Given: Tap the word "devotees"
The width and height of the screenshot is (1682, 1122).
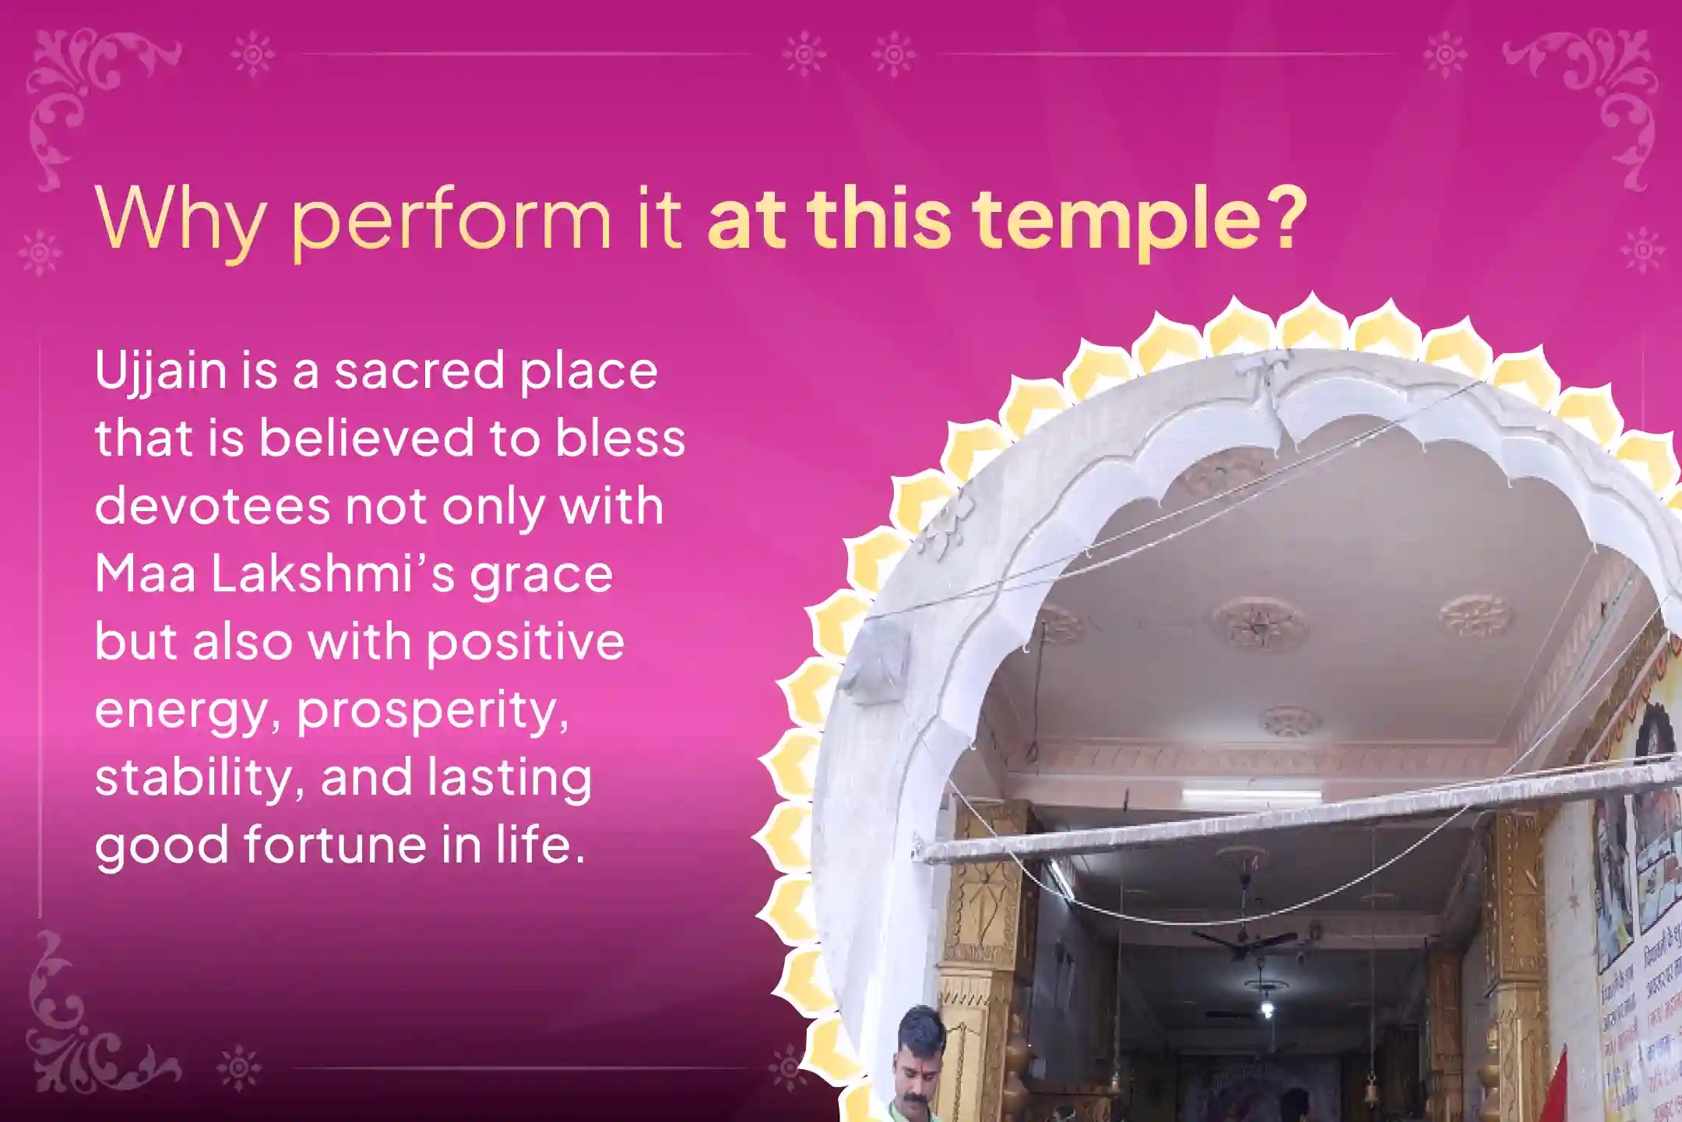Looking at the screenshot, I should tap(212, 506).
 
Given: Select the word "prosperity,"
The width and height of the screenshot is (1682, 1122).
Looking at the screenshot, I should tap(432, 711).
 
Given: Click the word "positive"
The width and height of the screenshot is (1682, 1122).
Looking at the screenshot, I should tap(526, 643).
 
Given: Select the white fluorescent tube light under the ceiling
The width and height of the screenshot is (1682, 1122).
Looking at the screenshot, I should tap(1252, 796).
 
